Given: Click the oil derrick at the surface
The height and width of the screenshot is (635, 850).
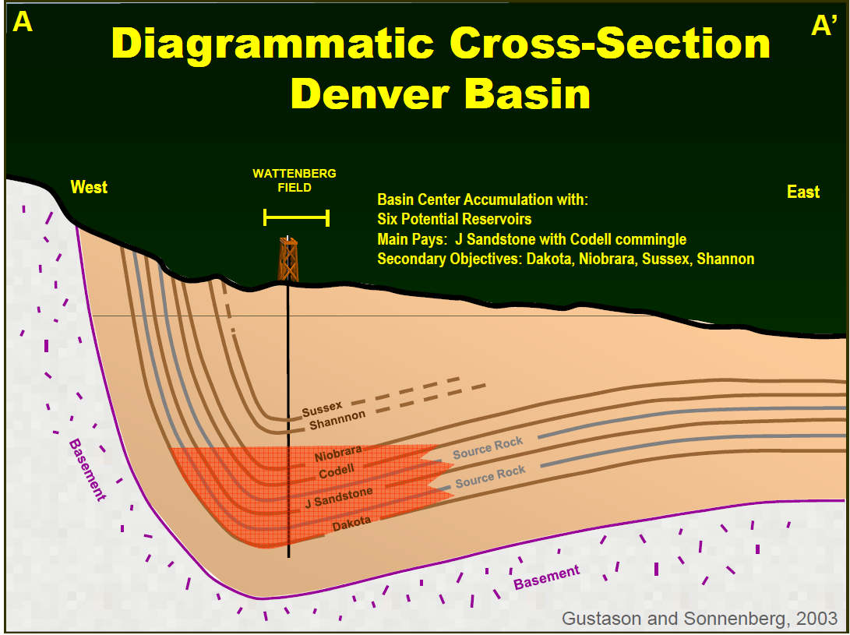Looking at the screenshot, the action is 287,259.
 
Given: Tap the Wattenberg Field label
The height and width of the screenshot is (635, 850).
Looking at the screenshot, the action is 295,181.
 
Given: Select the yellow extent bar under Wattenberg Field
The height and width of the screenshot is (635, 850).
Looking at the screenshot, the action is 296,217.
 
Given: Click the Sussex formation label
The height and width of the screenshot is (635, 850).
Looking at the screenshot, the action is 322,407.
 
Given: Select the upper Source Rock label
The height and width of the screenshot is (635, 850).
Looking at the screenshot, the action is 488,448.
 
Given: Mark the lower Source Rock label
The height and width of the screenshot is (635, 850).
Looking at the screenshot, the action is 491,475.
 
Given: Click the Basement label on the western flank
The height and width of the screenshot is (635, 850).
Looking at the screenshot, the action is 86,470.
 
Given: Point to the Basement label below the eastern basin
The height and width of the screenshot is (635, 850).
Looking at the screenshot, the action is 546,577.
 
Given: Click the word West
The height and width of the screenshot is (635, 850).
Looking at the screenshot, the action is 89,187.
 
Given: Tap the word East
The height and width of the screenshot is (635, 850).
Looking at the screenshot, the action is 802,192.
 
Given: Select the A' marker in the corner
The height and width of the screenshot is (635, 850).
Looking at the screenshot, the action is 823,26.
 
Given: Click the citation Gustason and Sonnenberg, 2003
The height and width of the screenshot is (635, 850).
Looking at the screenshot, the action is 700,618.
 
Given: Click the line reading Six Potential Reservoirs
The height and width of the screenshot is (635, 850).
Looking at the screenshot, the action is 454,219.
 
